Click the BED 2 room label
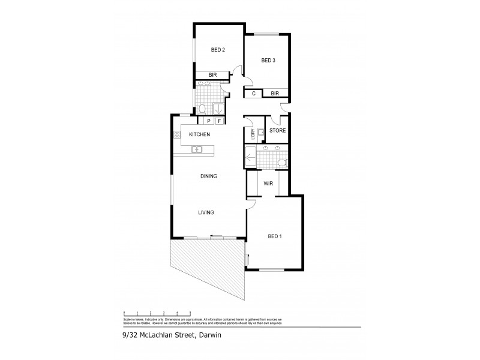[x=218, y=50]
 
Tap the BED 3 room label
[x=268, y=61]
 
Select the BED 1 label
[x=275, y=236]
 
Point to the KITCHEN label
[x=199, y=134]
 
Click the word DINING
[x=208, y=176]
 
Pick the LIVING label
[x=206, y=212]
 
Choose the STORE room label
[x=277, y=130]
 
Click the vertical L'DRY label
[x=253, y=134]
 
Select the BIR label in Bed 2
[x=212, y=75]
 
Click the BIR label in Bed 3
[x=275, y=94]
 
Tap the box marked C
[x=254, y=94]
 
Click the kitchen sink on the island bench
[x=198, y=149]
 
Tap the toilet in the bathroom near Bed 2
[x=203, y=109]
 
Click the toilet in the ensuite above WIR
[x=283, y=161]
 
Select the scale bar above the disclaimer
[x=157, y=312]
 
